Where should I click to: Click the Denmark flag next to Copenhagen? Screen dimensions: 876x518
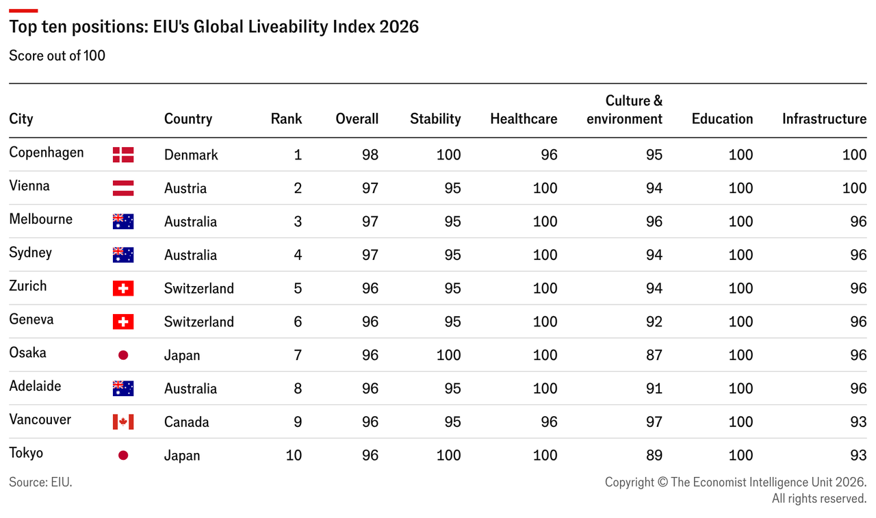[x=123, y=155]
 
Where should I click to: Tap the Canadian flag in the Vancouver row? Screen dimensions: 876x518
[x=123, y=422]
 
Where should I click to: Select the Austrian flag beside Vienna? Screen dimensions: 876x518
[x=123, y=188]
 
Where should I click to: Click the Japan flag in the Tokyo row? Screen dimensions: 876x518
[x=123, y=456]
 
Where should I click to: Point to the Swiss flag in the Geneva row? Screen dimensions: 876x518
[x=123, y=322]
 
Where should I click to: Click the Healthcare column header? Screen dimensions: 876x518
[x=524, y=119]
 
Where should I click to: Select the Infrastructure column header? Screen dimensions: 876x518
[x=825, y=119]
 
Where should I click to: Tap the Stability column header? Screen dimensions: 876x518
[x=435, y=119]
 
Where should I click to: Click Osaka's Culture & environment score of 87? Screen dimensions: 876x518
[x=654, y=355]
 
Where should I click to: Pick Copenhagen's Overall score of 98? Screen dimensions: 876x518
[x=370, y=155]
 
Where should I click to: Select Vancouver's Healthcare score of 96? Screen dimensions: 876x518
[x=549, y=422]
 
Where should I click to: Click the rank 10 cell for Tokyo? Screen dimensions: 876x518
[x=294, y=456]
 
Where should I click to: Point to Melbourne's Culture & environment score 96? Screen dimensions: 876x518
[x=654, y=222]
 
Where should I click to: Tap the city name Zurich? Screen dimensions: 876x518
[x=28, y=286]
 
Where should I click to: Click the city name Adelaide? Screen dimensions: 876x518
[x=35, y=386]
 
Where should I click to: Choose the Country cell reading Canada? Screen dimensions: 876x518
[x=187, y=422]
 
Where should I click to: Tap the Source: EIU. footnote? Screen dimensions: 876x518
[x=40, y=482]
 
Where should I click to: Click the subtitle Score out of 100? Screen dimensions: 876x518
[x=57, y=55]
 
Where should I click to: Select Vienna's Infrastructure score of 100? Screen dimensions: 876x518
[x=854, y=188]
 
